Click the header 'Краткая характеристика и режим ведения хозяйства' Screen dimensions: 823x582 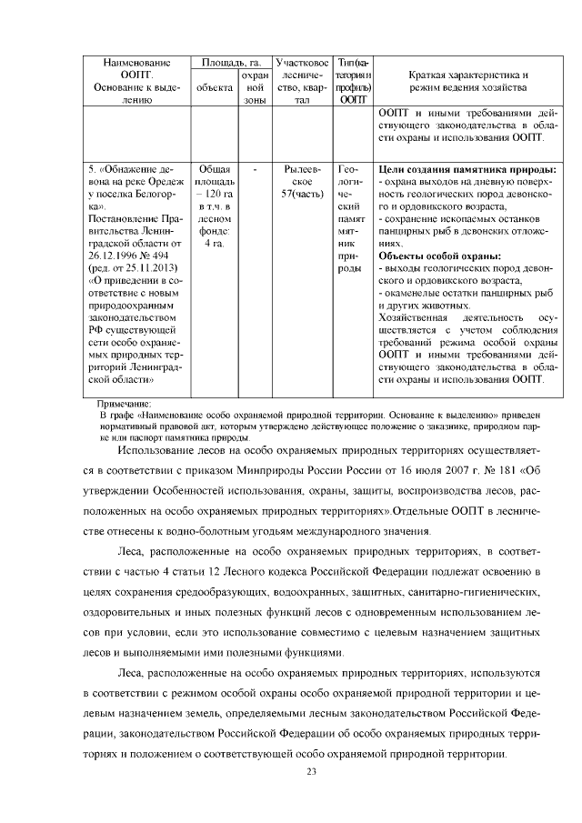[468, 81]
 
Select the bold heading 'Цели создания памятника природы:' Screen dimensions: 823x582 [467, 168]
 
